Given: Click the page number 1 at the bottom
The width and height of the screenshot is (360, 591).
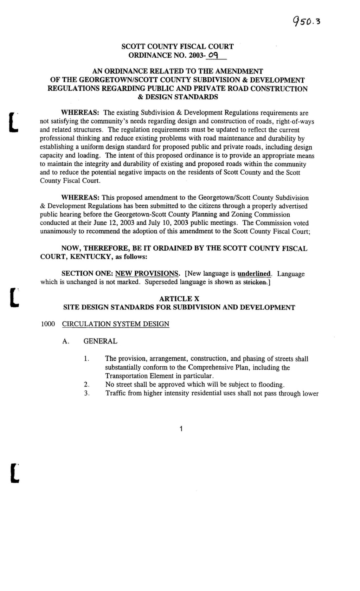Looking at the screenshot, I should pos(181,429).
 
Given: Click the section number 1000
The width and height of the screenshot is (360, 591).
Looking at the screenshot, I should pos(48,324).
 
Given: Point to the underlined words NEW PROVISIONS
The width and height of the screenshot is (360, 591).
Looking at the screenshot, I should pos(147,274).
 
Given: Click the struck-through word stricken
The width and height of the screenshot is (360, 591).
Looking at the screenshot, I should pos(255,282).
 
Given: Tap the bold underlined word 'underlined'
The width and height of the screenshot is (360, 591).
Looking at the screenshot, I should pos(255,274).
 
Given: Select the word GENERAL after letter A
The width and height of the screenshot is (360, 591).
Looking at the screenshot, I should pos(100,341).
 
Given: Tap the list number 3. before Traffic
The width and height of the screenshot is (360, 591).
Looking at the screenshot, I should pos(87,393).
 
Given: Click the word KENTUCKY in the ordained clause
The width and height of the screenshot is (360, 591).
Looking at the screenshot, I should pos(90,257).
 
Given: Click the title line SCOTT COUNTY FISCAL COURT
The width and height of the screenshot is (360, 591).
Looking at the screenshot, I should pos(177,46).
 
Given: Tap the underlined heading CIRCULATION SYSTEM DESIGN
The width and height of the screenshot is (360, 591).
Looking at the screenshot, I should pos(116,324).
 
